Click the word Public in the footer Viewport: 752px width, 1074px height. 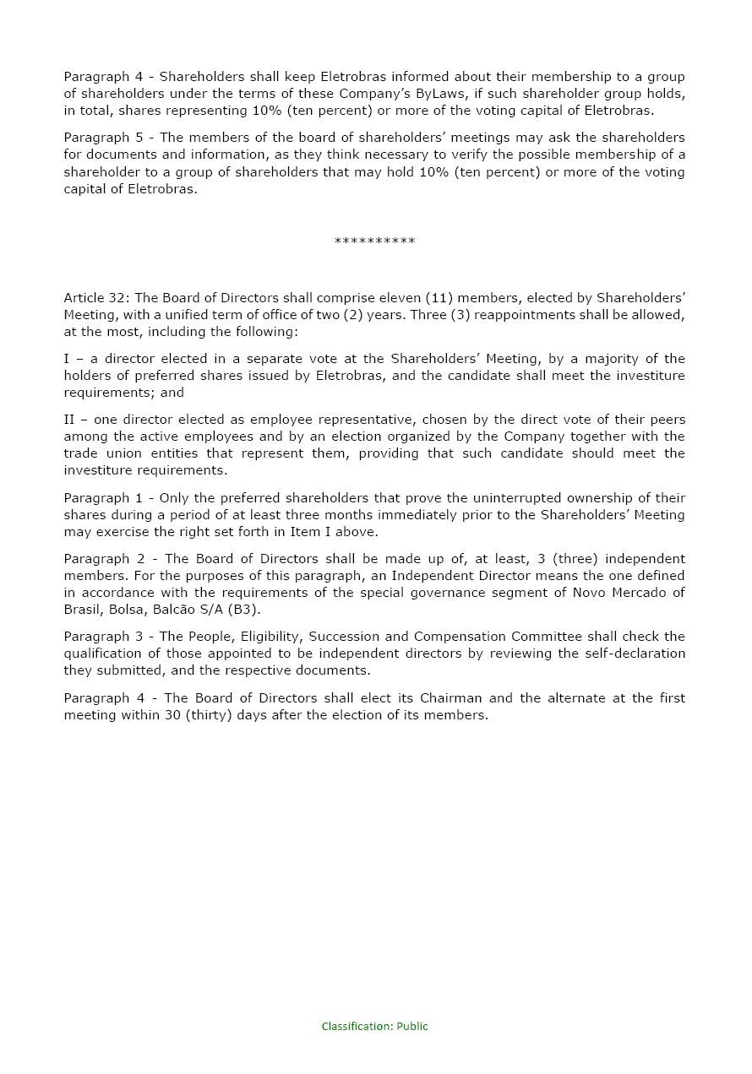click(412, 1027)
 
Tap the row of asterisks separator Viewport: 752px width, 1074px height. click(374, 242)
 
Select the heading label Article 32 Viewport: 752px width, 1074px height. click(96, 298)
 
